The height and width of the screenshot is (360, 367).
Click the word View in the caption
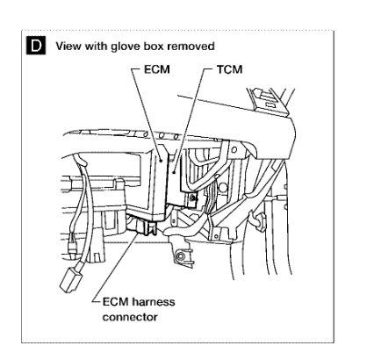(68, 44)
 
